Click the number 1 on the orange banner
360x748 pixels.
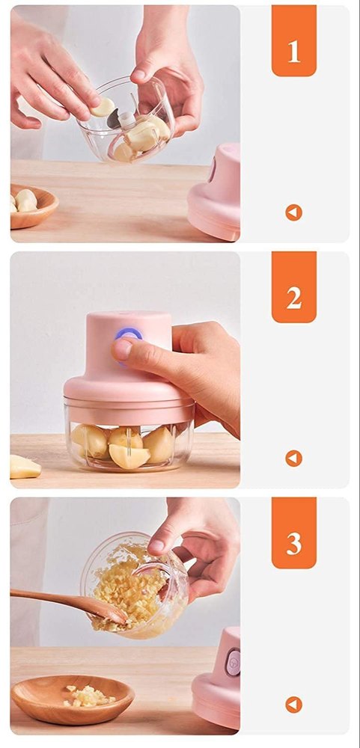pos(293,51)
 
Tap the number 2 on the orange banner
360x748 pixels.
pos(293,297)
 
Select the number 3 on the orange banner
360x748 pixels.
pos(293,544)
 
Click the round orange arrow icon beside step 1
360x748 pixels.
pos(293,212)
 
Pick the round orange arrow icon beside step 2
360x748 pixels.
pos(293,459)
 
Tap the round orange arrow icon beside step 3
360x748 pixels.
pos(293,705)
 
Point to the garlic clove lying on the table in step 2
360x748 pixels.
pos(24,467)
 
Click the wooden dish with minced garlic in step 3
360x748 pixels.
pos(73,699)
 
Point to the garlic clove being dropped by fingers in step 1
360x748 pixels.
pos(103,107)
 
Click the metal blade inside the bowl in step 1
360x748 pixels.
pos(115,120)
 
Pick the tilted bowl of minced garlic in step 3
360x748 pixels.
pos(135,587)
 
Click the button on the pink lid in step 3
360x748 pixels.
pos(234,663)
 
